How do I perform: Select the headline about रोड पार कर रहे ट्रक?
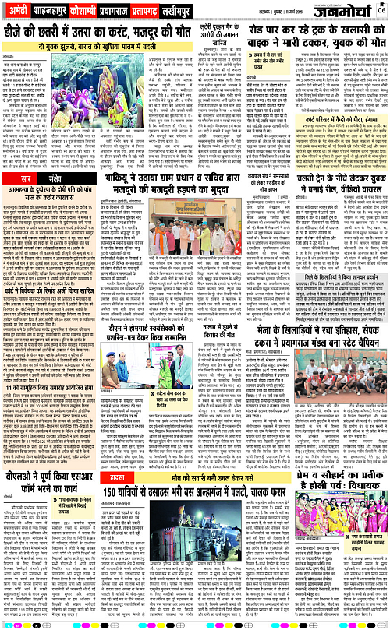pos(320,35)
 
